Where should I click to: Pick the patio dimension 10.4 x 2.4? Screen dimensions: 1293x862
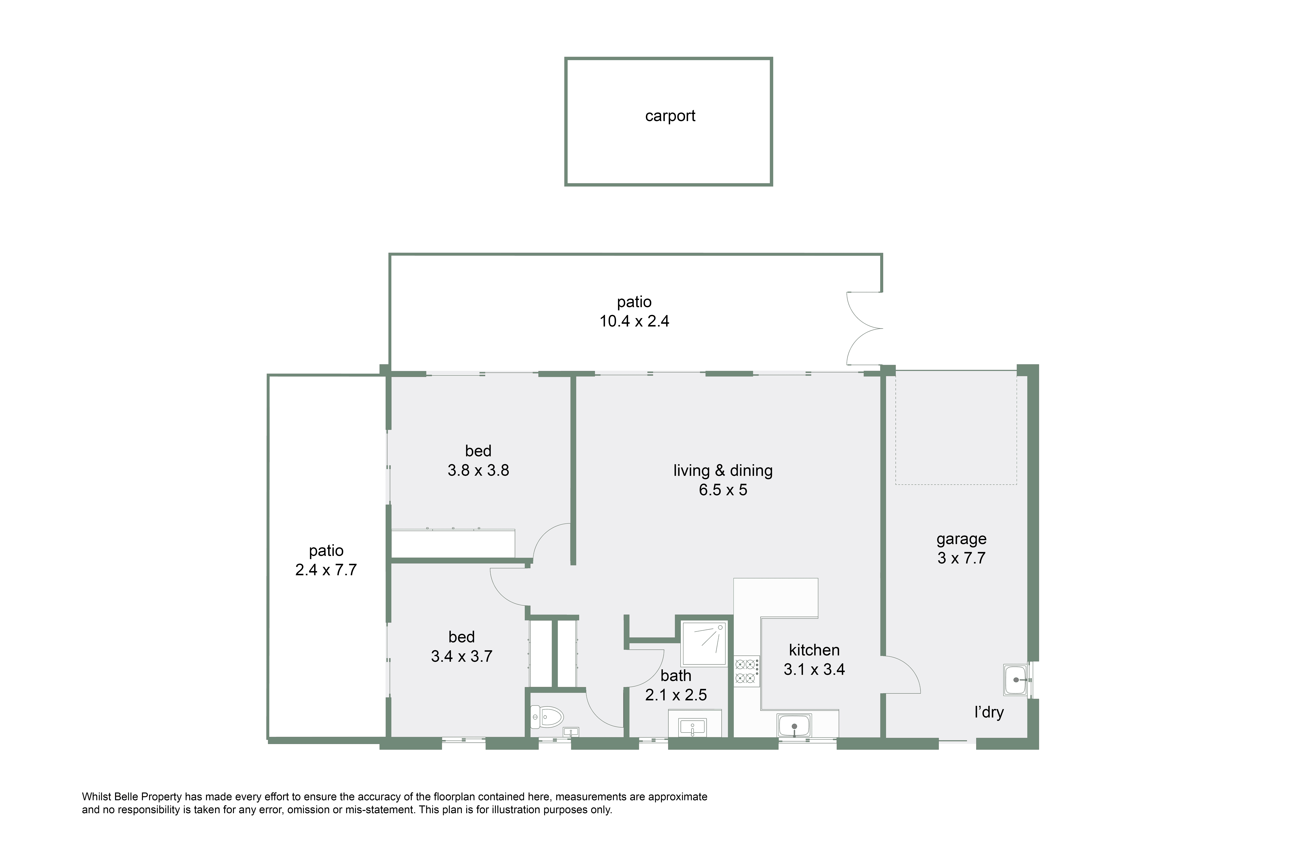pyautogui.click(x=634, y=321)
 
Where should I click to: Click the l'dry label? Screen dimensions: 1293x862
pyautogui.click(x=989, y=712)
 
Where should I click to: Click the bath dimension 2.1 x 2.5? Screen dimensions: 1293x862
pyautogui.click(x=676, y=695)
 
